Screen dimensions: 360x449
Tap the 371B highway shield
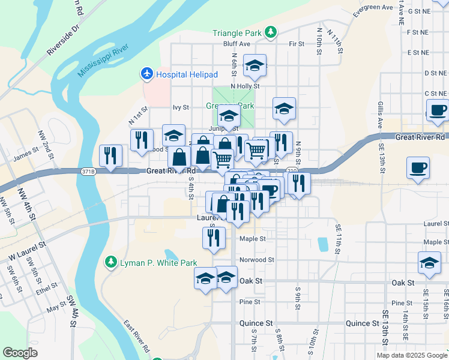[x=88, y=172]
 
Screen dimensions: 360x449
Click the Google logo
[x=20, y=353]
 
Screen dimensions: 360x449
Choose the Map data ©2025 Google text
[x=411, y=355]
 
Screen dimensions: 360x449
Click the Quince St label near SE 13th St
[x=362, y=323]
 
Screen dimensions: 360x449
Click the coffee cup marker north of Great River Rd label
[x=438, y=110]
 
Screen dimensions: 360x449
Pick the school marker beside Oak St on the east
[x=430, y=263]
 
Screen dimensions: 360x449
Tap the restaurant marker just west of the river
[x=110, y=155]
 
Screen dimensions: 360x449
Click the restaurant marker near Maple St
[x=214, y=238]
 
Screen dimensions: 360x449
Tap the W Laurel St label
[x=27, y=252]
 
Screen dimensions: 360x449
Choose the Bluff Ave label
[x=237, y=44]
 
